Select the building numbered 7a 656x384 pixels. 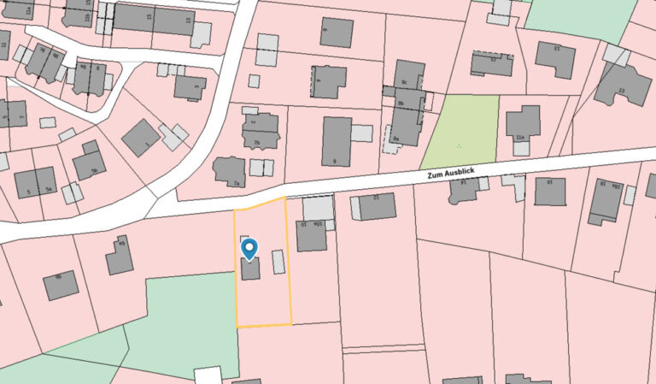[230, 171]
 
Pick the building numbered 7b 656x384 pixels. [261, 131]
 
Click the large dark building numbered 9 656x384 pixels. [337, 140]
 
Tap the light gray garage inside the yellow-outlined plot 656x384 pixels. [278, 262]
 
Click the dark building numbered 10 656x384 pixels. [311, 235]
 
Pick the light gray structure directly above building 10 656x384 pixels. [319, 207]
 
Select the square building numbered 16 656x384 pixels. [550, 190]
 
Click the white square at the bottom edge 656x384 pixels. [208, 375]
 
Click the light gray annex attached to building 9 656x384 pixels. [362, 133]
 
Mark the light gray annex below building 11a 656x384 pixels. [520, 148]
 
